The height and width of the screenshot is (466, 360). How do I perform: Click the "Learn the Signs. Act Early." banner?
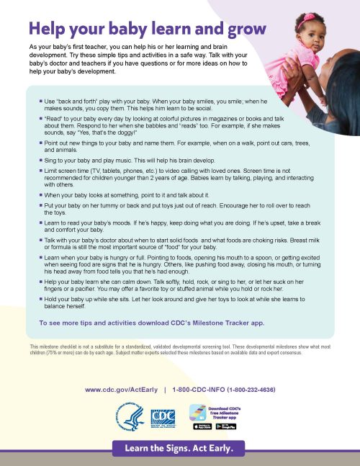(x=179, y=448)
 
